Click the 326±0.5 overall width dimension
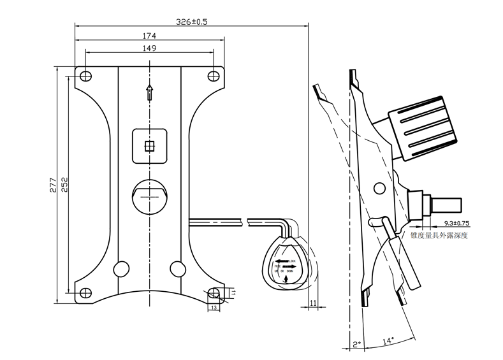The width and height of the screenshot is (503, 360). (192, 21)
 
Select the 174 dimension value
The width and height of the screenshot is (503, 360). (150, 35)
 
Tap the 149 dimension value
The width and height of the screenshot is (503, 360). (150, 48)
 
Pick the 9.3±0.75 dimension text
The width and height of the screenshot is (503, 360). (456, 224)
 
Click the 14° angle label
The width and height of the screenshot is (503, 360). (388, 340)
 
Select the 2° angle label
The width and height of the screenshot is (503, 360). (357, 345)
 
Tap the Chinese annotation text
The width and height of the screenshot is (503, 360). (440, 235)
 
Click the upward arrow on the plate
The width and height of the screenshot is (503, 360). (149, 92)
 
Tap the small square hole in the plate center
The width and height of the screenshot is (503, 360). (150, 146)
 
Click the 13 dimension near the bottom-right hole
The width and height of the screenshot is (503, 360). (213, 307)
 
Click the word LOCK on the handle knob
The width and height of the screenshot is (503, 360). (292, 261)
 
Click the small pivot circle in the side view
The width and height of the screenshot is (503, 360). (379, 188)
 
